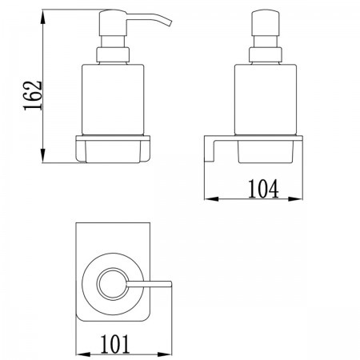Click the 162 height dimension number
(33, 95)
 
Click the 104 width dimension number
(263, 189)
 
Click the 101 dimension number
(115, 344)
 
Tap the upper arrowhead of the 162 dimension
(43, 17)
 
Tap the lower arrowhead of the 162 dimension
(43, 155)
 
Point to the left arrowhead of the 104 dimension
(211, 198)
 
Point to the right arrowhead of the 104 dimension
(295, 198)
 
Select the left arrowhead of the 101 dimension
(83, 354)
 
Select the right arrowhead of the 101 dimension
(165, 354)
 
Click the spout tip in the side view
(170, 22)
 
